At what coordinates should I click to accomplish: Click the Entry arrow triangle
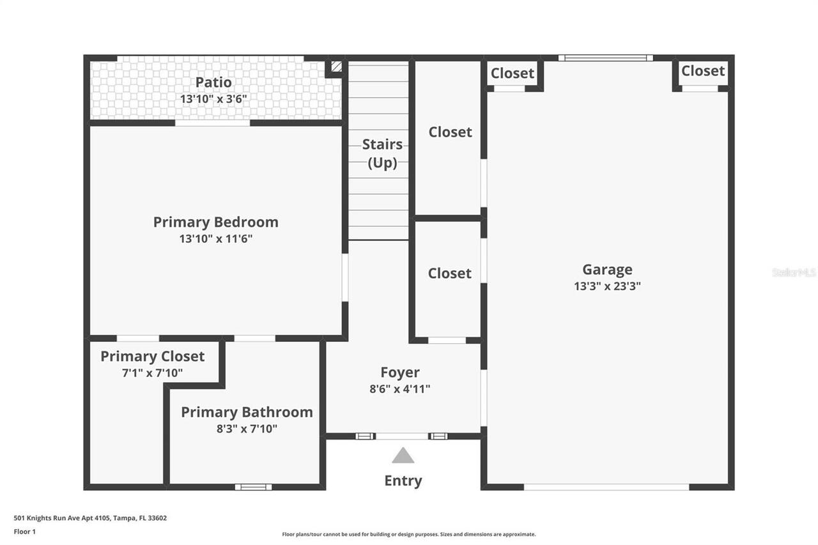(403, 456)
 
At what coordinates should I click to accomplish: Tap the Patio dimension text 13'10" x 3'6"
(213, 98)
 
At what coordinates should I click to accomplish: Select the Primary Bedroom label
(216, 222)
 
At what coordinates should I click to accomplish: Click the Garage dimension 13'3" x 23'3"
(607, 286)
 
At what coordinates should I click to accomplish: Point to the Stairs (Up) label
(382, 153)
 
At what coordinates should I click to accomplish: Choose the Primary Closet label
(152, 357)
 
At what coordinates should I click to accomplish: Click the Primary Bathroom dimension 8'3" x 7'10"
(247, 429)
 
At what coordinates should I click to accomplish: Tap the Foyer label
(400, 372)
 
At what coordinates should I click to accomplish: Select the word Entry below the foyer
(403, 480)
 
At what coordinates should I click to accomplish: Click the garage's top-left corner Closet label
(513, 73)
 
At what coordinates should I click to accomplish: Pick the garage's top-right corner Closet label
(703, 71)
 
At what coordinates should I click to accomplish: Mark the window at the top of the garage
(606, 58)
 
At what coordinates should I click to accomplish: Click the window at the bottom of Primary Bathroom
(253, 487)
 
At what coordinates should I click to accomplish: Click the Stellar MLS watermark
(794, 272)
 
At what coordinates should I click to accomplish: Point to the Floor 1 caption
(25, 531)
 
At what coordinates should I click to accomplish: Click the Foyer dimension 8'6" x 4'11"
(400, 388)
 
